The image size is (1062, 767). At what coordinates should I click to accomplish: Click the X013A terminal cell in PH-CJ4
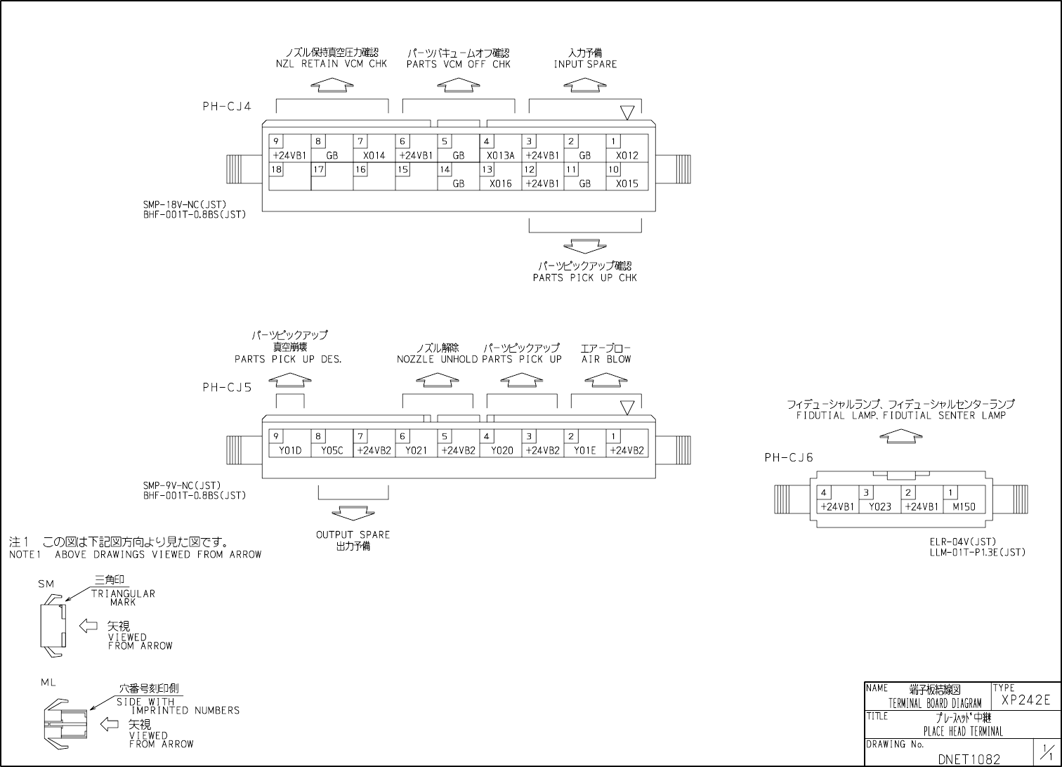[500, 149]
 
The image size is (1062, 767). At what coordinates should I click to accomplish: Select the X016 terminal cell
[500, 177]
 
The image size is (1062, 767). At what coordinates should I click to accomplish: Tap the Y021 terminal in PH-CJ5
[416, 444]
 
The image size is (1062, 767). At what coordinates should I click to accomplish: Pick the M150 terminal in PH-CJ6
[964, 500]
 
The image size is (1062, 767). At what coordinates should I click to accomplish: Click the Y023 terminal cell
[879, 500]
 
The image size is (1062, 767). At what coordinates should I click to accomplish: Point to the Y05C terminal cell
[332, 444]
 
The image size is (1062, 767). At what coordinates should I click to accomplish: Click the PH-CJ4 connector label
[226, 107]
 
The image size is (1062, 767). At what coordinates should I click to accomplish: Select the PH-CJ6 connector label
[788, 458]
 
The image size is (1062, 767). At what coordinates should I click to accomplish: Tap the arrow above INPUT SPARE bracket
[584, 84]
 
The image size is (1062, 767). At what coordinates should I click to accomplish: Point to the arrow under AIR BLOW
[605, 379]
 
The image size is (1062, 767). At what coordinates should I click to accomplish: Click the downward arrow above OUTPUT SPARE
[353, 513]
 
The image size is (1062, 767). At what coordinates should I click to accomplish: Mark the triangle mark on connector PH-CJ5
[627, 407]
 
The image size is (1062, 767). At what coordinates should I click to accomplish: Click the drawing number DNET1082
[969, 759]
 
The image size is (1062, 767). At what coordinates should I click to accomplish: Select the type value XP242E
[1025, 700]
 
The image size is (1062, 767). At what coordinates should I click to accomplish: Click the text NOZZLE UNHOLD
[437, 360]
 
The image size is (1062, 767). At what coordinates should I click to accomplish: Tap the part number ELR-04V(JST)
[962, 542]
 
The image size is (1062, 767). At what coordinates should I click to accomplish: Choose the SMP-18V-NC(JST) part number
[185, 204]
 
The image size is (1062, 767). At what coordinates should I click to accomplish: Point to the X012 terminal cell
[627, 149]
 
